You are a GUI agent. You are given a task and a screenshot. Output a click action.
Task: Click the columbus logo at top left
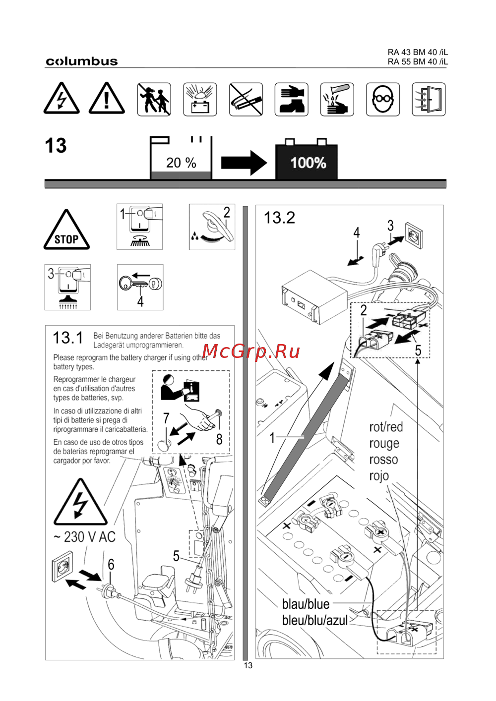pos(82,61)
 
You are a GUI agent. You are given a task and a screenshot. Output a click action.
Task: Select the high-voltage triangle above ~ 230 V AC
pos(80,504)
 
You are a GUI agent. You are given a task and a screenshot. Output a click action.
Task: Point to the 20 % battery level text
pos(181,163)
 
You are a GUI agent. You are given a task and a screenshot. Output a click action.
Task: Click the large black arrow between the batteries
pos(244,163)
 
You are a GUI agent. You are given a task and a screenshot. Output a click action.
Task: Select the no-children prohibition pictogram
pos(154,100)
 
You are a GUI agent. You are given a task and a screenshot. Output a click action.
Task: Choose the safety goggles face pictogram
pos(382,100)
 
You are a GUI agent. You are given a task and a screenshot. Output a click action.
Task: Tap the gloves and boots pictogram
pos(291,100)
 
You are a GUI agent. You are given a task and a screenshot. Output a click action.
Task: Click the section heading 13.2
pos(279,218)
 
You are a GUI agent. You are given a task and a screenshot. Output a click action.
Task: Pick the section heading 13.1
pos(68,338)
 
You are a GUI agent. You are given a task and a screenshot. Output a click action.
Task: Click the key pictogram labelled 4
pos(140,286)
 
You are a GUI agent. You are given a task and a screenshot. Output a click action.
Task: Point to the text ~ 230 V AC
pos(84,537)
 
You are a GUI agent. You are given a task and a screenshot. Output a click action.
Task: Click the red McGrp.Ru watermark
pos(251,351)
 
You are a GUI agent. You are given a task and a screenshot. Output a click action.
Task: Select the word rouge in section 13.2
pos(384,443)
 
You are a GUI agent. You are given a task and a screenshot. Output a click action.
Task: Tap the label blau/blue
pos(306,604)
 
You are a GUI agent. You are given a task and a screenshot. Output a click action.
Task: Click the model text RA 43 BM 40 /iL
pos(418,52)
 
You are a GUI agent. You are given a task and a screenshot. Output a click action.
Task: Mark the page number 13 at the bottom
pos(248,665)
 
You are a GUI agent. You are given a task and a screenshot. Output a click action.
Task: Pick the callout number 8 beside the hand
pos(219,439)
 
